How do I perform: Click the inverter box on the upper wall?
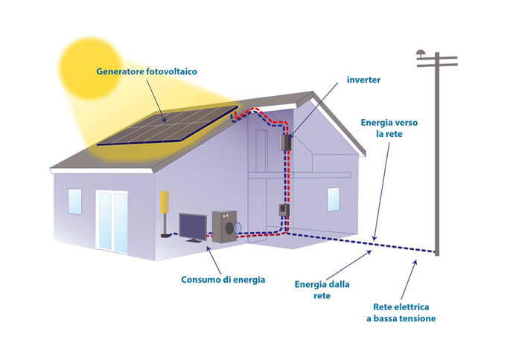click(284, 142)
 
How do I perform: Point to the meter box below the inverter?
click(283, 211)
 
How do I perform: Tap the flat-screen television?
click(192, 226)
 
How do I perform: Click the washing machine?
click(224, 225)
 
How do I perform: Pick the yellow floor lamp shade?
click(164, 202)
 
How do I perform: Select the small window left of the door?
click(75, 201)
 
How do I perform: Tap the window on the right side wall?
click(333, 199)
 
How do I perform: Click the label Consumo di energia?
click(223, 280)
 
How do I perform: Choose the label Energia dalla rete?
click(322, 289)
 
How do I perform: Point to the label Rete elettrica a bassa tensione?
click(404, 312)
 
